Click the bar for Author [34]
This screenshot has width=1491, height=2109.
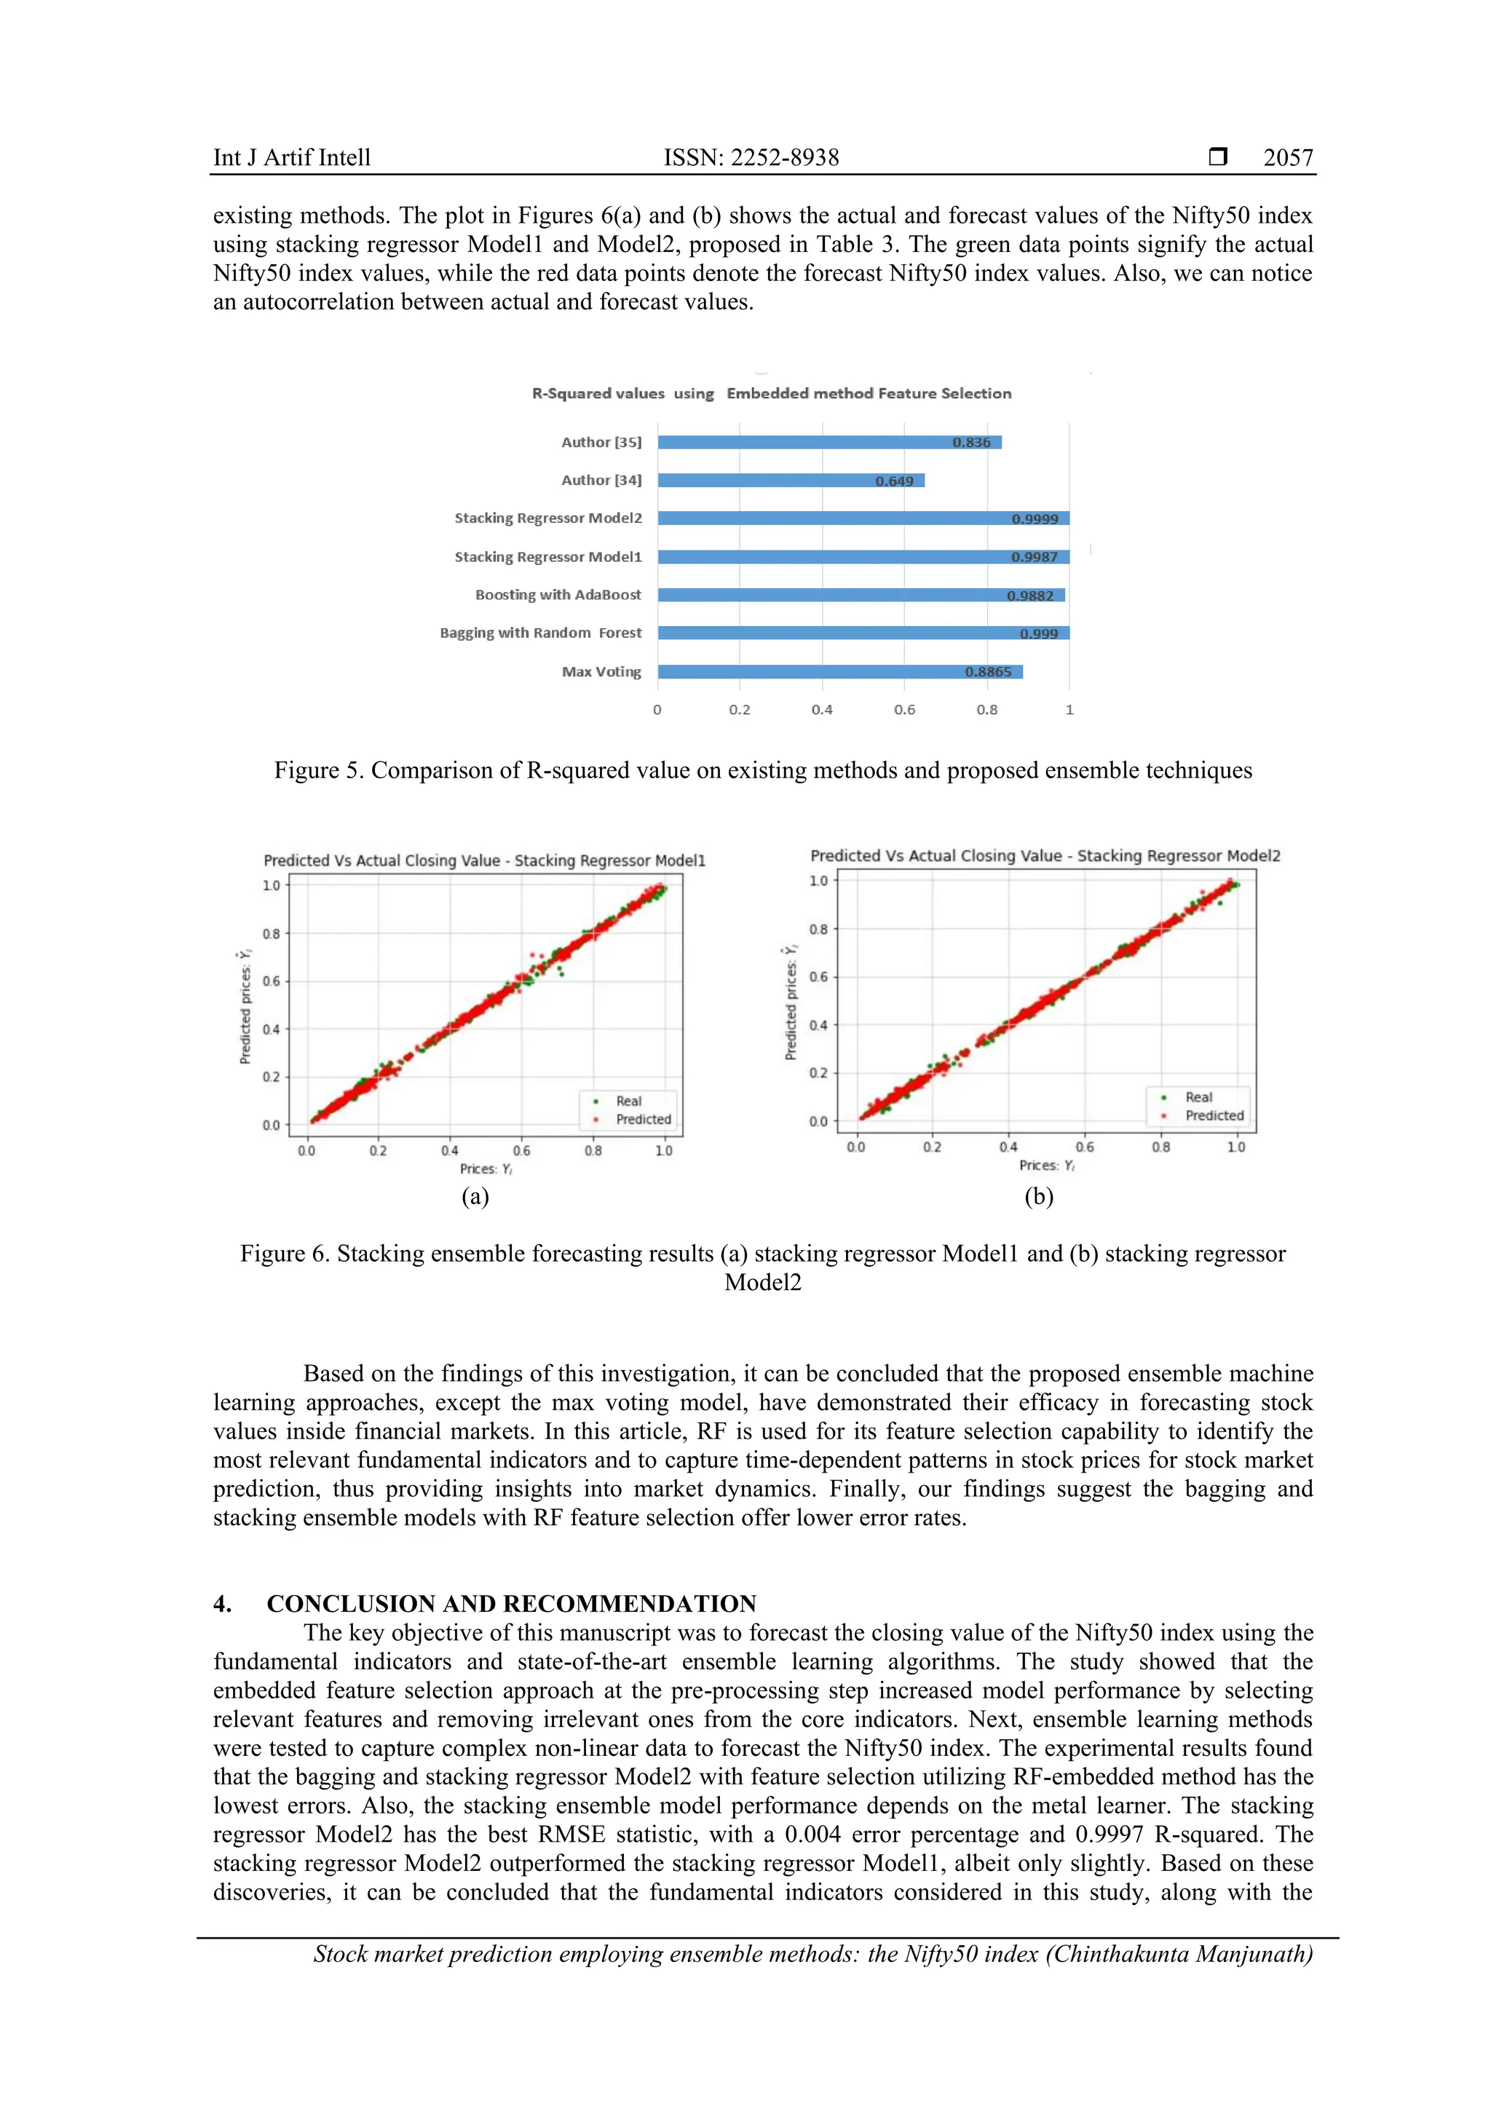tap(790, 480)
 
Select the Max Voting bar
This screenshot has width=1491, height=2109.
tap(839, 671)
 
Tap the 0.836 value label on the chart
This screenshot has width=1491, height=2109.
tap(971, 443)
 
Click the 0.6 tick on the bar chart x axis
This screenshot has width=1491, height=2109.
tap(904, 710)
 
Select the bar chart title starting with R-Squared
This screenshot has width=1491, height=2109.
tap(771, 393)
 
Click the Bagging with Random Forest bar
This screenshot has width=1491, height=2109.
tap(863, 633)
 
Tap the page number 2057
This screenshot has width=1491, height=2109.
tap(1287, 158)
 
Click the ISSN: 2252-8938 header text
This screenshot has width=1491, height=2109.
tap(751, 158)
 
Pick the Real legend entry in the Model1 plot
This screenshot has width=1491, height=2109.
tap(628, 1101)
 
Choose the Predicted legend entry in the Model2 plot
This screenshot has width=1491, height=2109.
tap(1213, 1116)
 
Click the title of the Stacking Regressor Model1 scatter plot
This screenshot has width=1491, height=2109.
tap(484, 860)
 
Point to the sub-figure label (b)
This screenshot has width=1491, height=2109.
tap(1038, 1196)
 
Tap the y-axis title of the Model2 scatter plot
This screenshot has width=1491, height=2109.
tap(790, 1002)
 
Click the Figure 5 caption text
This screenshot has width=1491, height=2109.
tap(762, 769)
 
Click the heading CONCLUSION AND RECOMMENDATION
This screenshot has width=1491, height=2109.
tap(511, 1604)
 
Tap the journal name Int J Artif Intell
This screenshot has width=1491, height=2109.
tap(292, 158)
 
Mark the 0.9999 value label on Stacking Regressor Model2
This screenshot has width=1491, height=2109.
tap(1035, 519)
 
